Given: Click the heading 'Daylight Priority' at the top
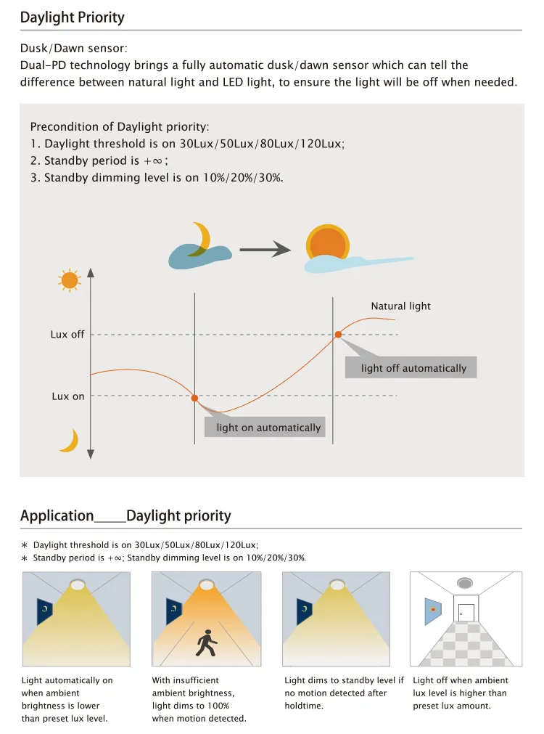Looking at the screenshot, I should [73, 17].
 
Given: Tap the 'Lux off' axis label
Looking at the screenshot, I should [67, 335].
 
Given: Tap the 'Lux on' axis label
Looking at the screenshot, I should [68, 396].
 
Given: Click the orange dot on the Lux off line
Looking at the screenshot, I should [338, 335].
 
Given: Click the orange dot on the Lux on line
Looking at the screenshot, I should [194, 398].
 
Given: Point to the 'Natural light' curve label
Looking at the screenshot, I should [400, 306].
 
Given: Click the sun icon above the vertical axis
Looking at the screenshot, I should [69, 280].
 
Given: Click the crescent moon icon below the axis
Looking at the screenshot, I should [70, 441].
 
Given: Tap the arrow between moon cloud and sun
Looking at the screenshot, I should [264, 250].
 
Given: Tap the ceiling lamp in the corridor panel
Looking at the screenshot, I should [465, 583].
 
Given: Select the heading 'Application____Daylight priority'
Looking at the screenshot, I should [125, 516].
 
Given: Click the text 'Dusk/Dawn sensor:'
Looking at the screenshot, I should [74, 49].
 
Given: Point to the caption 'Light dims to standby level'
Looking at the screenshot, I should [344, 681].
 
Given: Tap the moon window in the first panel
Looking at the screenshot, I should [45, 611].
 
